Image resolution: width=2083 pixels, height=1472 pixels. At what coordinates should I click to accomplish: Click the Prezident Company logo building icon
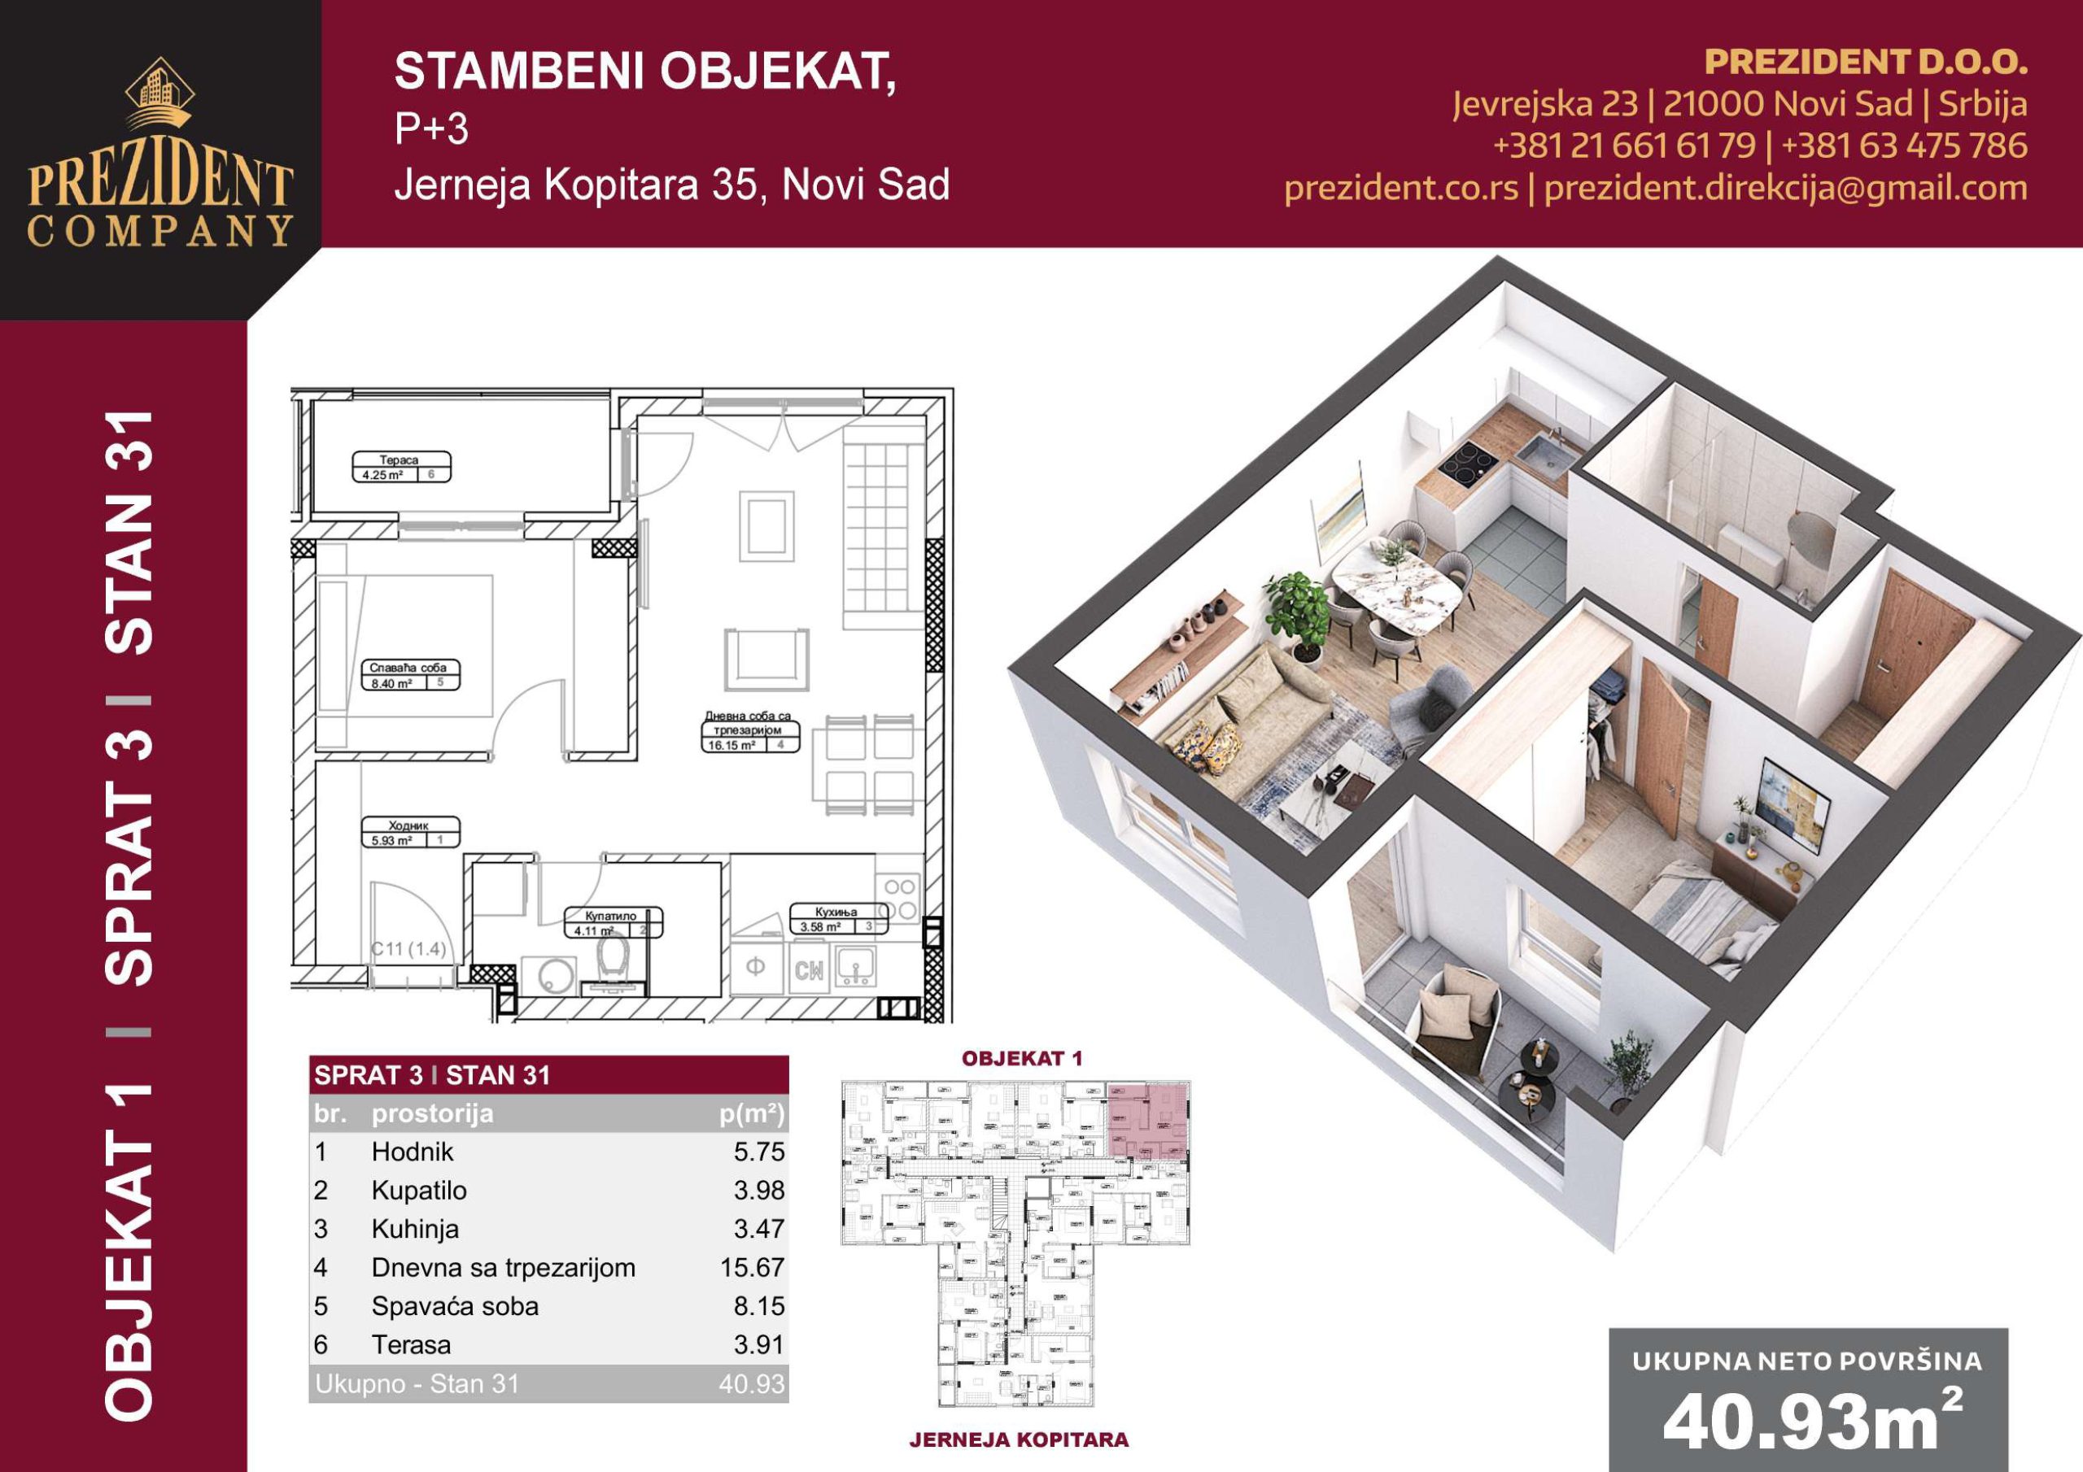pos(159,94)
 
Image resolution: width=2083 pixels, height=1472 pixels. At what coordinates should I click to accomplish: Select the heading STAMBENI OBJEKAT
pos(645,72)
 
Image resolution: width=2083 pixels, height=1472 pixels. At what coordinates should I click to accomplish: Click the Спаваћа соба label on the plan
pos(408,668)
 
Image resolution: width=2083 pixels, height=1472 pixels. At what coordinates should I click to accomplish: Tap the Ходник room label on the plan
pos(408,826)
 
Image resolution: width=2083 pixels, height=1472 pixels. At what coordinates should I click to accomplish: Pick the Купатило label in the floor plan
pos(613,916)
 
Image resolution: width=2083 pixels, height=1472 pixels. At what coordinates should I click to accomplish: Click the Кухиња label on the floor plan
pos(836,912)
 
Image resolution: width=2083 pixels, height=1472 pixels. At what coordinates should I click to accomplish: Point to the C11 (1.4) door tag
pos(409,950)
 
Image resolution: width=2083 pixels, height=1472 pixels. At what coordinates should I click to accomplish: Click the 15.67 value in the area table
pos(752,1268)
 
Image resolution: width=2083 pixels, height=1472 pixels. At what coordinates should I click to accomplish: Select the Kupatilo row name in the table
pos(418,1191)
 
